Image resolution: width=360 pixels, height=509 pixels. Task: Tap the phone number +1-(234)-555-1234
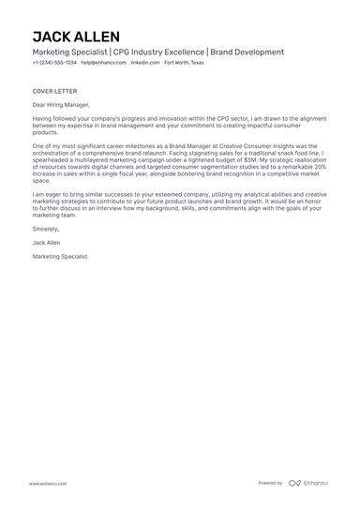click(x=54, y=63)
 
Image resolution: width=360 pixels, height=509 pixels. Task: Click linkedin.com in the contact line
click(x=144, y=63)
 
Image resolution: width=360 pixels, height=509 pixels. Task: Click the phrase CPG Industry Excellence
click(x=158, y=52)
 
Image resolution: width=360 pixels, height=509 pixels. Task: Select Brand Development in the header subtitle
click(x=247, y=52)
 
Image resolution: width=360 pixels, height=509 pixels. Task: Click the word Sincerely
click(x=45, y=228)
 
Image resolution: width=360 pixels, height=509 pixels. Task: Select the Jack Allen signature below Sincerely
click(x=46, y=242)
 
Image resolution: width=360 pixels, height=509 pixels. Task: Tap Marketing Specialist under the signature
click(x=60, y=256)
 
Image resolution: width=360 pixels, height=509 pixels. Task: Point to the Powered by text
click(x=270, y=483)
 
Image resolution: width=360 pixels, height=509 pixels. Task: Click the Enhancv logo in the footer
click(x=308, y=483)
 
